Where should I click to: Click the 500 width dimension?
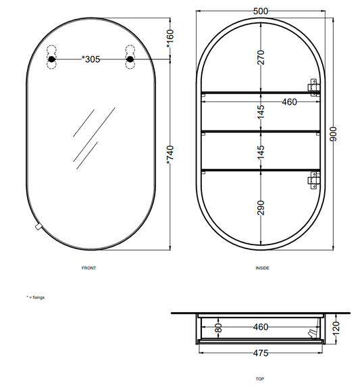click(260, 11)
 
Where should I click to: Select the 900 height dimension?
click(333, 134)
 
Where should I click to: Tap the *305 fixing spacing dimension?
click(91, 59)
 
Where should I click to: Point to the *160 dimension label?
click(170, 38)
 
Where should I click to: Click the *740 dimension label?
click(170, 155)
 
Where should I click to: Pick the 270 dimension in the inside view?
click(261, 57)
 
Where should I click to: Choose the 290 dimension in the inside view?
click(261, 208)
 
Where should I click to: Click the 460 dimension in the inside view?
click(289, 102)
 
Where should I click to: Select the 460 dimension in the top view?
click(261, 327)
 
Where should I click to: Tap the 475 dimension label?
click(261, 353)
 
